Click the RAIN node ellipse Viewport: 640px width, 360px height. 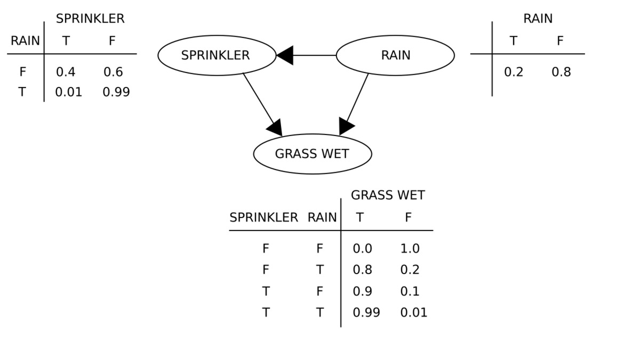pyautogui.click(x=395, y=55)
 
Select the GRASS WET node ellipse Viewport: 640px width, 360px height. pyautogui.click(x=312, y=154)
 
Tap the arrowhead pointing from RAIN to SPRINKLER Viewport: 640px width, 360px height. pyautogui.click(x=285, y=55)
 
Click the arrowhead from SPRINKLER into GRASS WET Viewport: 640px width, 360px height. pyautogui.click(x=275, y=128)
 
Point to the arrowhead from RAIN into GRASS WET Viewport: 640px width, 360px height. pyautogui.click(x=346, y=126)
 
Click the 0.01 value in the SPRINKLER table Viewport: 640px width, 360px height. pyautogui.click(x=69, y=92)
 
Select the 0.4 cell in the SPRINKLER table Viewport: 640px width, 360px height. pyautogui.click(x=66, y=72)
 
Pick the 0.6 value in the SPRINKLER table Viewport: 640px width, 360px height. pyautogui.click(x=113, y=72)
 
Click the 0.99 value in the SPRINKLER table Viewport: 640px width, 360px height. pyautogui.click(x=116, y=92)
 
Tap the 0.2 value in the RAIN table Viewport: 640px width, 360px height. pyautogui.click(x=514, y=72)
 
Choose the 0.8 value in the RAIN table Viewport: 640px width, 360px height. pyautogui.click(x=561, y=72)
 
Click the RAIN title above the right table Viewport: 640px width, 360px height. pyautogui.click(x=538, y=19)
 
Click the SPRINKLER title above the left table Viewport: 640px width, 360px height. pyautogui.click(x=90, y=19)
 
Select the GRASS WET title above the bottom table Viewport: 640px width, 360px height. pyautogui.click(x=388, y=195)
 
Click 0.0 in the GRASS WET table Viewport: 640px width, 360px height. pyautogui.click(x=362, y=249)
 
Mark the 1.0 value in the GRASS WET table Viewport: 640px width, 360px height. pyautogui.click(x=410, y=249)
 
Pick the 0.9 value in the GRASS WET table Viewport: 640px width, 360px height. pyautogui.click(x=362, y=292)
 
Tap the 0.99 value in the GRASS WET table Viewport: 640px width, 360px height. pyautogui.click(x=366, y=313)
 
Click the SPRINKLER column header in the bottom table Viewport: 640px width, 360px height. pyautogui.click(x=263, y=218)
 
